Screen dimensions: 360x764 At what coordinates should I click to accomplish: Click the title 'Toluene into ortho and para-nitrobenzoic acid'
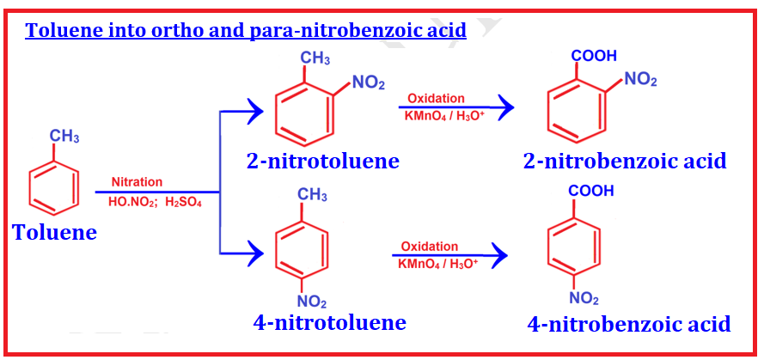(246, 31)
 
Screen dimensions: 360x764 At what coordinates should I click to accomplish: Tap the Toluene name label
(54, 232)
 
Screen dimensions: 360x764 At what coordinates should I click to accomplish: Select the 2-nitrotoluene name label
(322, 161)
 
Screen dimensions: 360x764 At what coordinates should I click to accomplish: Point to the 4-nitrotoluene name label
(329, 323)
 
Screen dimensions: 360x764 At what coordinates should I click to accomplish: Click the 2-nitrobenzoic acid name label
(625, 160)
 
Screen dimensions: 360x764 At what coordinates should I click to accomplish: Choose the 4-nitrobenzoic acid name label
(629, 323)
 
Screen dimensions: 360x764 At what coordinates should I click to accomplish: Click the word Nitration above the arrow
(137, 182)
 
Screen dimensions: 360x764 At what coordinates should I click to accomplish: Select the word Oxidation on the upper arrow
(436, 98)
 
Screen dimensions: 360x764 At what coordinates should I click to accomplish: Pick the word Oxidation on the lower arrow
(430, 247)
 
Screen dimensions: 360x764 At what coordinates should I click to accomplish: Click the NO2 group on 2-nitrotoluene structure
(369, 83)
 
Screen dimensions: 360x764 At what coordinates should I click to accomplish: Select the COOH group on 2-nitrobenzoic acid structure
(593, 56)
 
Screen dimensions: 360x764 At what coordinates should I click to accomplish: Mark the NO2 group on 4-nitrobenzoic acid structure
(584, 299)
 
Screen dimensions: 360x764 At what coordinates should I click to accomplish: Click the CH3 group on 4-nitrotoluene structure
(312, 196)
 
